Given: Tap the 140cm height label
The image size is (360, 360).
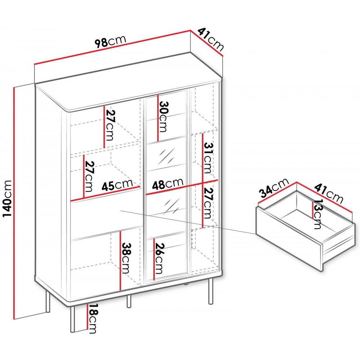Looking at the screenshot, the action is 7,199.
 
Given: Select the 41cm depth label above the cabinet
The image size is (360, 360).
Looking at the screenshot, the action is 210,40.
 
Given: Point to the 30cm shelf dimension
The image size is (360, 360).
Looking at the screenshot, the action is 163,117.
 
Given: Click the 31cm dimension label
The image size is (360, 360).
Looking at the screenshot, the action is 208,158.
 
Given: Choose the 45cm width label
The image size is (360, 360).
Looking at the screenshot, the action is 117,185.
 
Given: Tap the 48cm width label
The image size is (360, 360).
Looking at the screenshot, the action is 167,184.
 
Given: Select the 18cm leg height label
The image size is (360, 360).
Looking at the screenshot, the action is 93,319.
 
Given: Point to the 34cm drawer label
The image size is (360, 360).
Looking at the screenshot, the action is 274,188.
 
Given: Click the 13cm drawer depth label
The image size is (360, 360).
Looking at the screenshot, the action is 318,214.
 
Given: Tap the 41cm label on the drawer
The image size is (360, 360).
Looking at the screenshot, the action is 328,192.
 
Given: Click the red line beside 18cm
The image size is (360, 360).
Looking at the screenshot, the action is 87,316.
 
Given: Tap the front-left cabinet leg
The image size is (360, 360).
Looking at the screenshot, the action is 72,319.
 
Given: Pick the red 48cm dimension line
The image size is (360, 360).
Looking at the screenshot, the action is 181,187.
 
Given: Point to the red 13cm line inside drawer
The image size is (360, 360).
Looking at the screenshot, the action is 312,210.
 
